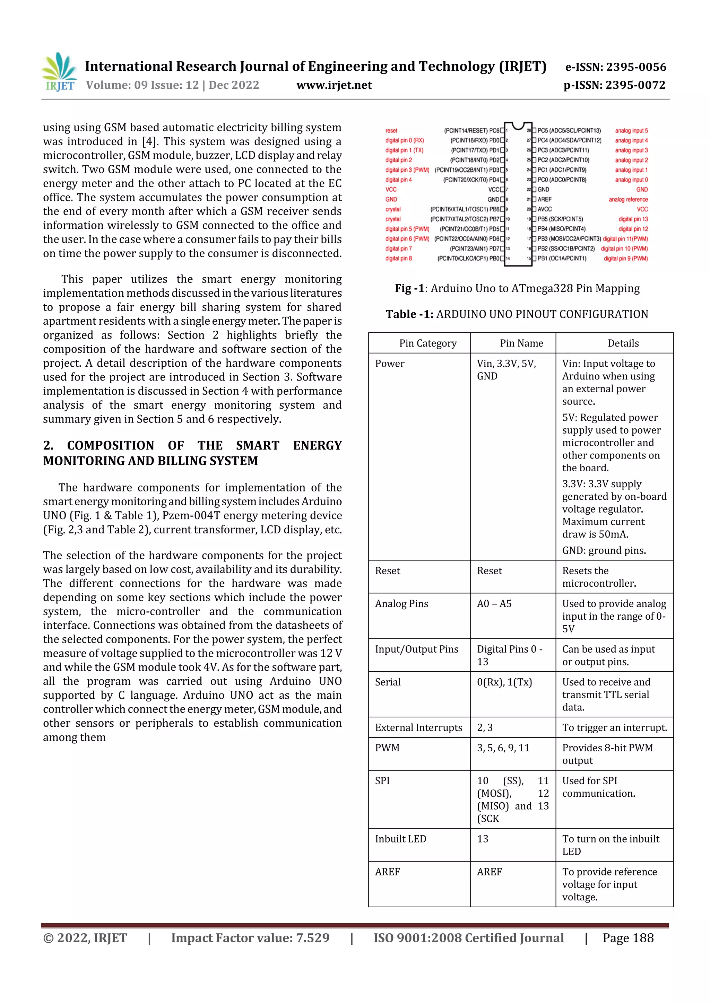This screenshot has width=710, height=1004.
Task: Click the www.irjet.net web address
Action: tap(334, 85)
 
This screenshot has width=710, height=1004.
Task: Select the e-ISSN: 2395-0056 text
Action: tap(615, 67)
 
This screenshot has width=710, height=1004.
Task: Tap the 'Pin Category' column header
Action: tap(427, 343)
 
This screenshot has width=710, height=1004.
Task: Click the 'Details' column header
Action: tap(623, 343)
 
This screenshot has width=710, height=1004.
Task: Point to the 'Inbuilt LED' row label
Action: tap(400, 839)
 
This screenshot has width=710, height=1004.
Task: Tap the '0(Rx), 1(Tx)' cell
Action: tap(504, 682)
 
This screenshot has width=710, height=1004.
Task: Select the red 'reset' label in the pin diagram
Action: tap(391, 130)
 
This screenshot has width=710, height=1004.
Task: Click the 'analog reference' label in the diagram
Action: tap(628, 199)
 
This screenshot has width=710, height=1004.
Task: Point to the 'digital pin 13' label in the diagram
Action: tap(633, 219)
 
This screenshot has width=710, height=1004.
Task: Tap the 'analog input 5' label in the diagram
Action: tap(631, 130)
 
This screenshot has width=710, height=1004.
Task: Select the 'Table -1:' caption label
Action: tap(409, 314)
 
